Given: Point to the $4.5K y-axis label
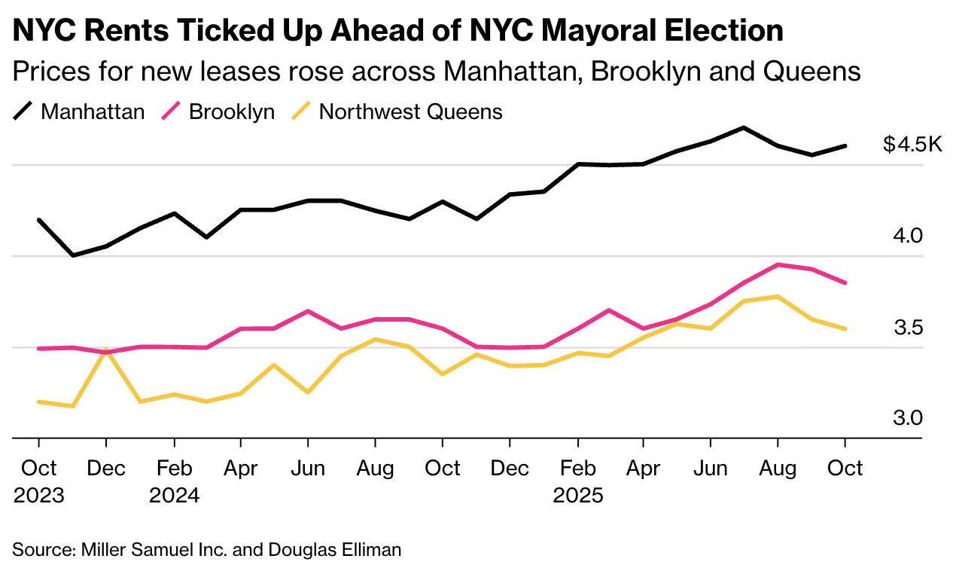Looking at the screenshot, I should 912,144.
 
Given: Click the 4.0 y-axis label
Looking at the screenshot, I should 908,236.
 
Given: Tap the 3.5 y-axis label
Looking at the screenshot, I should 908,328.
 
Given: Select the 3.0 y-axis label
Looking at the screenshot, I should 908,418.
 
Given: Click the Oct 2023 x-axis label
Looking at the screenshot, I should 38,482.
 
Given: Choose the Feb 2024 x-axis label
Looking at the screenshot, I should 174,482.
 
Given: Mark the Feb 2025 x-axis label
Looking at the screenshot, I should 577,482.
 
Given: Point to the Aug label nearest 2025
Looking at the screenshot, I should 778,469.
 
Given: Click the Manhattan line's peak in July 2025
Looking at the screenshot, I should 744,127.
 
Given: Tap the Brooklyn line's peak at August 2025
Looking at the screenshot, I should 778,264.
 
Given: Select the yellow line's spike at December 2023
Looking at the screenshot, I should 106,350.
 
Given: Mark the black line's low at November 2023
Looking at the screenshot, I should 72,255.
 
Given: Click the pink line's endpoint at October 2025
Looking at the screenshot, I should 845,282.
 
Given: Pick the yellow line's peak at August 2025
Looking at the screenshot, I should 778,297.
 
